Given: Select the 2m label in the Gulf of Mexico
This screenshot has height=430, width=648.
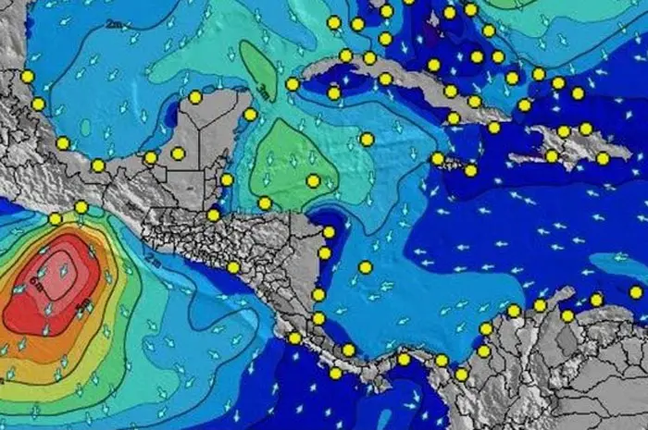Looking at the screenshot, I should point(114,23).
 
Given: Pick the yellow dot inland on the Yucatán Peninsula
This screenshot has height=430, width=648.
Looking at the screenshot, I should point(178,154).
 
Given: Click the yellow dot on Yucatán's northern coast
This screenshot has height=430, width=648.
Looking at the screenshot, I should point(195,97).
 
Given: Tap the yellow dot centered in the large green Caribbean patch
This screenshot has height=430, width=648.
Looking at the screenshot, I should point(313,181).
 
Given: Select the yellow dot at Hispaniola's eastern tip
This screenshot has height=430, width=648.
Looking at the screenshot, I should point(603,158).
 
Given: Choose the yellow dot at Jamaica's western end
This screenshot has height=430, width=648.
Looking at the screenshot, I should point(438,158).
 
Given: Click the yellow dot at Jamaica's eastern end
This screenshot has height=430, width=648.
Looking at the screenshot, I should point(470,170).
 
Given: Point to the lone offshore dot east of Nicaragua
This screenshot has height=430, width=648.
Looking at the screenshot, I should point(366,267).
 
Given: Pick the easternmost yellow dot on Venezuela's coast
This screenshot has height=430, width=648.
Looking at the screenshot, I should point(636,292).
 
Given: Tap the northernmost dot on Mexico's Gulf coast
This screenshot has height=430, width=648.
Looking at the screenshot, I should point(27,77).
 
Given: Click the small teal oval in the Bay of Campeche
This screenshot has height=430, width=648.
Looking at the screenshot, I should point(85,127).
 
